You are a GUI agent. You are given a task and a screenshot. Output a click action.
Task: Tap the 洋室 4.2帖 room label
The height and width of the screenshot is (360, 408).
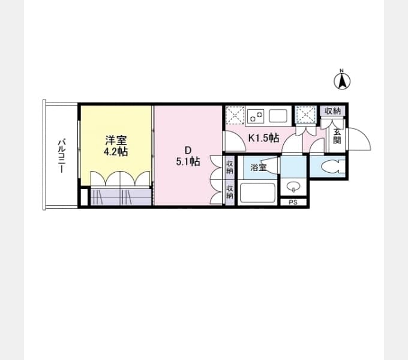point(116,146)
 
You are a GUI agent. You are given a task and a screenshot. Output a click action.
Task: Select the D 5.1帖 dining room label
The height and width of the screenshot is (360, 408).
point(188,156)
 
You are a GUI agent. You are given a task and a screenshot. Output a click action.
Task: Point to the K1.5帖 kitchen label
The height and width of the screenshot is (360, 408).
point(263,137)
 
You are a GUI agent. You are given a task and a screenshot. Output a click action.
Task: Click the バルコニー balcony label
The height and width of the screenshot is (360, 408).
point(62,156)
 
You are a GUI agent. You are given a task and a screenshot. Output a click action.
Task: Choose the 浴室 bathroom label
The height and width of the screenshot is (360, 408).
point(258,167)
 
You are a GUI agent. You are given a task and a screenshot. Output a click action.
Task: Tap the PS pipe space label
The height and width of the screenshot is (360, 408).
point(293,202)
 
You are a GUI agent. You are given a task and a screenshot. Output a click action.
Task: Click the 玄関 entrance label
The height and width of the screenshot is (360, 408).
point(337,136)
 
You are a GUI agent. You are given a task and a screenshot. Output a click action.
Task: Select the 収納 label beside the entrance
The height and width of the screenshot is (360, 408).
point(333,111)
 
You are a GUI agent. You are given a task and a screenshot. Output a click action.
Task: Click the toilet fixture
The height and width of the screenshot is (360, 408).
point(332,166)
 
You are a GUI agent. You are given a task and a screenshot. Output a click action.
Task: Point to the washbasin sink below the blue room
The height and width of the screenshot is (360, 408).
point(293,187)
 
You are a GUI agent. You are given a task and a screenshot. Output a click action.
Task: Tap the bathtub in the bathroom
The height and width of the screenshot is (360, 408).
point(257,193)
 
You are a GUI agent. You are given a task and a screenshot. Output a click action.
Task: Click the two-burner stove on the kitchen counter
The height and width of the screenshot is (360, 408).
point(256,116)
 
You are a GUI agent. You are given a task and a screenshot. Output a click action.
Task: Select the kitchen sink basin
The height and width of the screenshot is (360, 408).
point(278,116)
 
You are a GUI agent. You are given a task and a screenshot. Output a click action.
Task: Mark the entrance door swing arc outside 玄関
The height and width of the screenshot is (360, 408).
point(360,139)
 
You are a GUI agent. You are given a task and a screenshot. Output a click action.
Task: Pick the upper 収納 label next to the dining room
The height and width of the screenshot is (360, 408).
point(229,167)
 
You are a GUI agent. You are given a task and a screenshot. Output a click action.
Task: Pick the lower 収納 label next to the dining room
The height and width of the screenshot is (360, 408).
point(229,192)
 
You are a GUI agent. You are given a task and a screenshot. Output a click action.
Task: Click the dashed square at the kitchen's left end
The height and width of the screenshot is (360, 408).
point(235,115)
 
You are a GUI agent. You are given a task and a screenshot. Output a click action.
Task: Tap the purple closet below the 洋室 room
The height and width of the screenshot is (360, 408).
point(121,197)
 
